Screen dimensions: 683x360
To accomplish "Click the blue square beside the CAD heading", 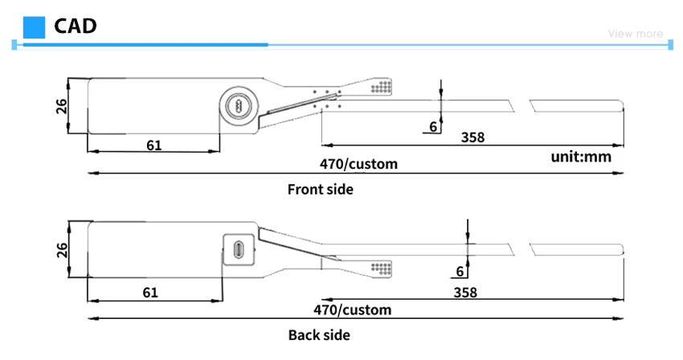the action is click(x=34, y=27).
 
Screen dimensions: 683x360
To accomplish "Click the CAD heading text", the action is click(x=76, y=27).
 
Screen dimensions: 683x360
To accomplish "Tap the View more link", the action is click(x=636, y=34).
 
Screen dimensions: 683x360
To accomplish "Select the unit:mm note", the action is click(x=581, y=157).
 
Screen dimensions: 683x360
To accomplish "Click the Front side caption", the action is click(x=320, y=189).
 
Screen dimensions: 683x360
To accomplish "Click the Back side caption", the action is click(x=319, y=335).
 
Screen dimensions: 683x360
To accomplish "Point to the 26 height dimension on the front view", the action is click(x=62, y=106).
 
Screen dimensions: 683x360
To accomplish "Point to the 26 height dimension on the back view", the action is click(x=63, y=250).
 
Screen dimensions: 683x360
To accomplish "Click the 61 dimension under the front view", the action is click(x=153, y=145).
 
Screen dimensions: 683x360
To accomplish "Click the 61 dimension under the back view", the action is click(x=150, y=292).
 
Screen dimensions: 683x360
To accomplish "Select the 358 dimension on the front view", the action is click(x=472, y=137).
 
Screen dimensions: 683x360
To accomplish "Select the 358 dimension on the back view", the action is click(x=465, y=292).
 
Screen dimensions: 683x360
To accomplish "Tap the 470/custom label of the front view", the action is click(x=358, y=164).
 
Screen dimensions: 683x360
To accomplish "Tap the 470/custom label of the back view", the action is click(x=353, y=310).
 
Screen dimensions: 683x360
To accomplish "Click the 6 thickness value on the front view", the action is click(x=433, y=126).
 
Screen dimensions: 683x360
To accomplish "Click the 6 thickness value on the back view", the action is click(x=460, y=272).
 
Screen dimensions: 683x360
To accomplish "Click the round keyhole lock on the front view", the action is click(x=239, y=105).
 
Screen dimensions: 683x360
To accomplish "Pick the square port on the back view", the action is click(x=239, y=250).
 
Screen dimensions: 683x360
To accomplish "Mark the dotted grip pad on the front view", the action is click(x=381, y=87).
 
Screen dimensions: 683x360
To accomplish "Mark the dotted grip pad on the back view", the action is click(x=381, y=268).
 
